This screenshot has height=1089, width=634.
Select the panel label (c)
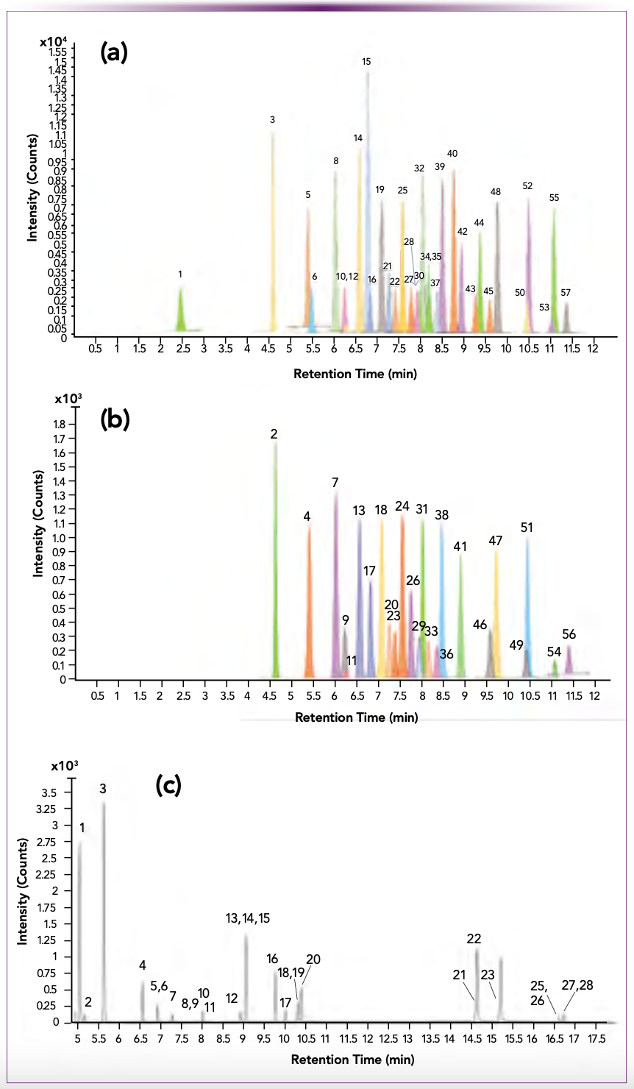(168, 785)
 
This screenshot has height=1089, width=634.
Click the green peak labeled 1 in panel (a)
(181, 309)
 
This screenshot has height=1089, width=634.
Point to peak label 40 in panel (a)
(452, 154)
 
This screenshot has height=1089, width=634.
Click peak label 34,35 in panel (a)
(430, 257)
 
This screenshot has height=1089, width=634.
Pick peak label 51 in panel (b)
(527, 528)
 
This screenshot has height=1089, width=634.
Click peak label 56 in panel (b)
(569, 634)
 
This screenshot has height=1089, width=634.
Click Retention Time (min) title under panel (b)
(356, 717)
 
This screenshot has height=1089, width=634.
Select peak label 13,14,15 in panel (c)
(248, 918)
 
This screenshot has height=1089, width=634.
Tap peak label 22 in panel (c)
(474, 939)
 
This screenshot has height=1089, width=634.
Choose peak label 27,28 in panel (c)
(577, 985)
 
